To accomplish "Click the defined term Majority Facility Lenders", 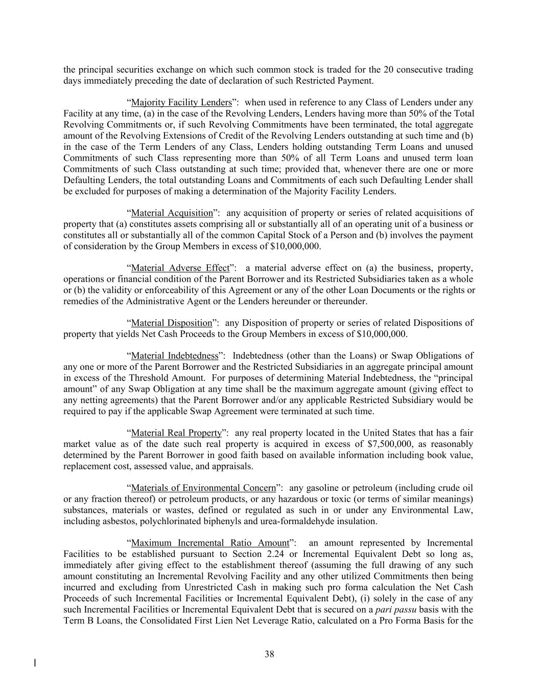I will pyautogui.click(x=181, y=103).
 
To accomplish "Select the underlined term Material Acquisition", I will pyautogui.click(x=172, y=213).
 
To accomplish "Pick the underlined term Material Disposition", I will pyautogui.click(x=171, y=323).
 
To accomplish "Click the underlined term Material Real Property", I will pyautogui.click(x=176, y=433).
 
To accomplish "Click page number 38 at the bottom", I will pyautogui.click(x=270, y=654).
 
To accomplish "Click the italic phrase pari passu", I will pyautogui.click(x=391, y=610).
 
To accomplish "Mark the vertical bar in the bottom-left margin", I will pyautogui.click(x=35, y=663).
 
